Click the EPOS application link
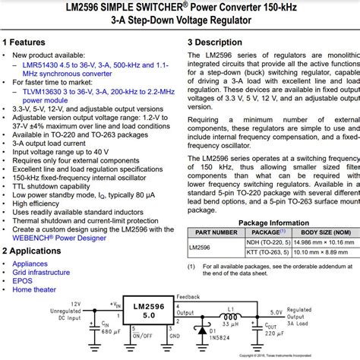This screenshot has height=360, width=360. [23, 280]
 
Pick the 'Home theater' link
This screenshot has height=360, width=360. [34, 289]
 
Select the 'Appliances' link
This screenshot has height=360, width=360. [30, 263]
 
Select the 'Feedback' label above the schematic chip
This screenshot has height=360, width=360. [188, 297]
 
